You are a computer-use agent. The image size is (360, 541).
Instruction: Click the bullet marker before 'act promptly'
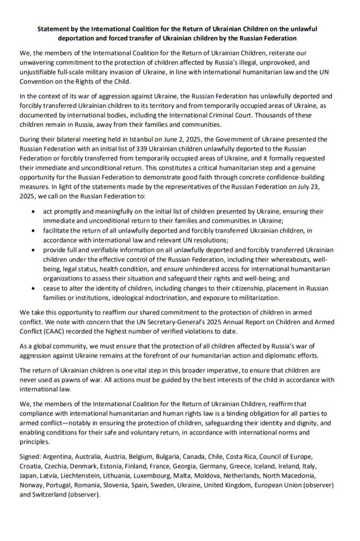[x=34, y=211]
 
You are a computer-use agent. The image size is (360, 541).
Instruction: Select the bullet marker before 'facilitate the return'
[x=34, y=230]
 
